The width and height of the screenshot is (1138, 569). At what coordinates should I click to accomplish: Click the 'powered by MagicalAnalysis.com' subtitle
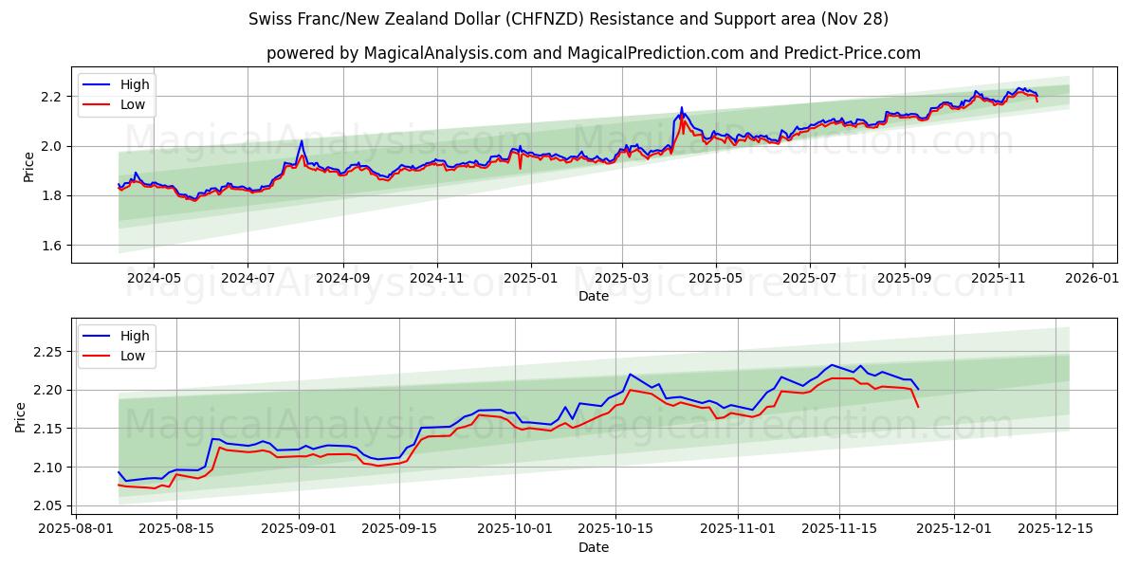click(593, 53)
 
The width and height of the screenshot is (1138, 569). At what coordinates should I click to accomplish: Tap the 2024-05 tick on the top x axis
click(154, 278)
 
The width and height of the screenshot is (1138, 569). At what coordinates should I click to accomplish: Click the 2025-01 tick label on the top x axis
click(530, 278)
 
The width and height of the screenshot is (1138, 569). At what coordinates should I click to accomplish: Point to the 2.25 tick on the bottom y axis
click(47, 352)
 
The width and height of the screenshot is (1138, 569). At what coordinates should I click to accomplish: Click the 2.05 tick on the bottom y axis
click(47, 505)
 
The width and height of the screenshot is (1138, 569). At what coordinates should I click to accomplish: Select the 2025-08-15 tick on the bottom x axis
click(175, 529)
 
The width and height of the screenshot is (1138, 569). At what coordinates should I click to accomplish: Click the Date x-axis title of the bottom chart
click(594, 547)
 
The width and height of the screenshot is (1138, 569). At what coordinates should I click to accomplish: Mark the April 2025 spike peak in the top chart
click(681, 108)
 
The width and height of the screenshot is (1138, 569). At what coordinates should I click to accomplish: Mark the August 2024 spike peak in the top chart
click(302, 141)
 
